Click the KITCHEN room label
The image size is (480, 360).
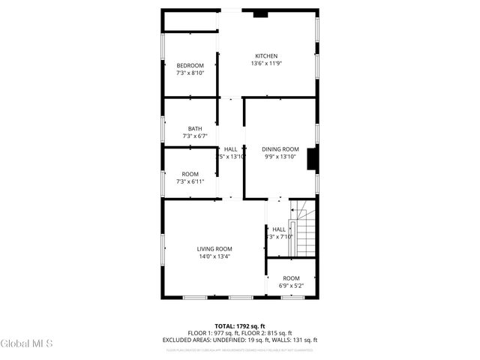click(266, 56)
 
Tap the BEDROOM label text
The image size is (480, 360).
click(190, 66)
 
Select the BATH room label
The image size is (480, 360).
click(195, 129)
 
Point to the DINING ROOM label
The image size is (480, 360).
click(280, 149)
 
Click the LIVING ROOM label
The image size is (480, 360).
click(214, 249)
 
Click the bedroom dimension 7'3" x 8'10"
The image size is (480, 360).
click(190, 73)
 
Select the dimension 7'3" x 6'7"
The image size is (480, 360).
click(195, 136)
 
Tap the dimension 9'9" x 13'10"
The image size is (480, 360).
click(280, 157)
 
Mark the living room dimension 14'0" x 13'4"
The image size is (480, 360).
click(214, 256)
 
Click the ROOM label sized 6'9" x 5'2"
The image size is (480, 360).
click(291, 278)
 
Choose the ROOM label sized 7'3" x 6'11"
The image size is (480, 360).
click(190, 174)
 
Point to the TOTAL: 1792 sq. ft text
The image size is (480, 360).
click(240, 326)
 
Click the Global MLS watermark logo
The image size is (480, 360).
click(27, 344)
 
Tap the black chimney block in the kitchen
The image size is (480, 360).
click(260, 13)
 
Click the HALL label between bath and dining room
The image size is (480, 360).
click(230, 149)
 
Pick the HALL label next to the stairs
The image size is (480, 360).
click(279, 229)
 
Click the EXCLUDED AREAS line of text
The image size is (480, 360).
click(240, 340)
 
